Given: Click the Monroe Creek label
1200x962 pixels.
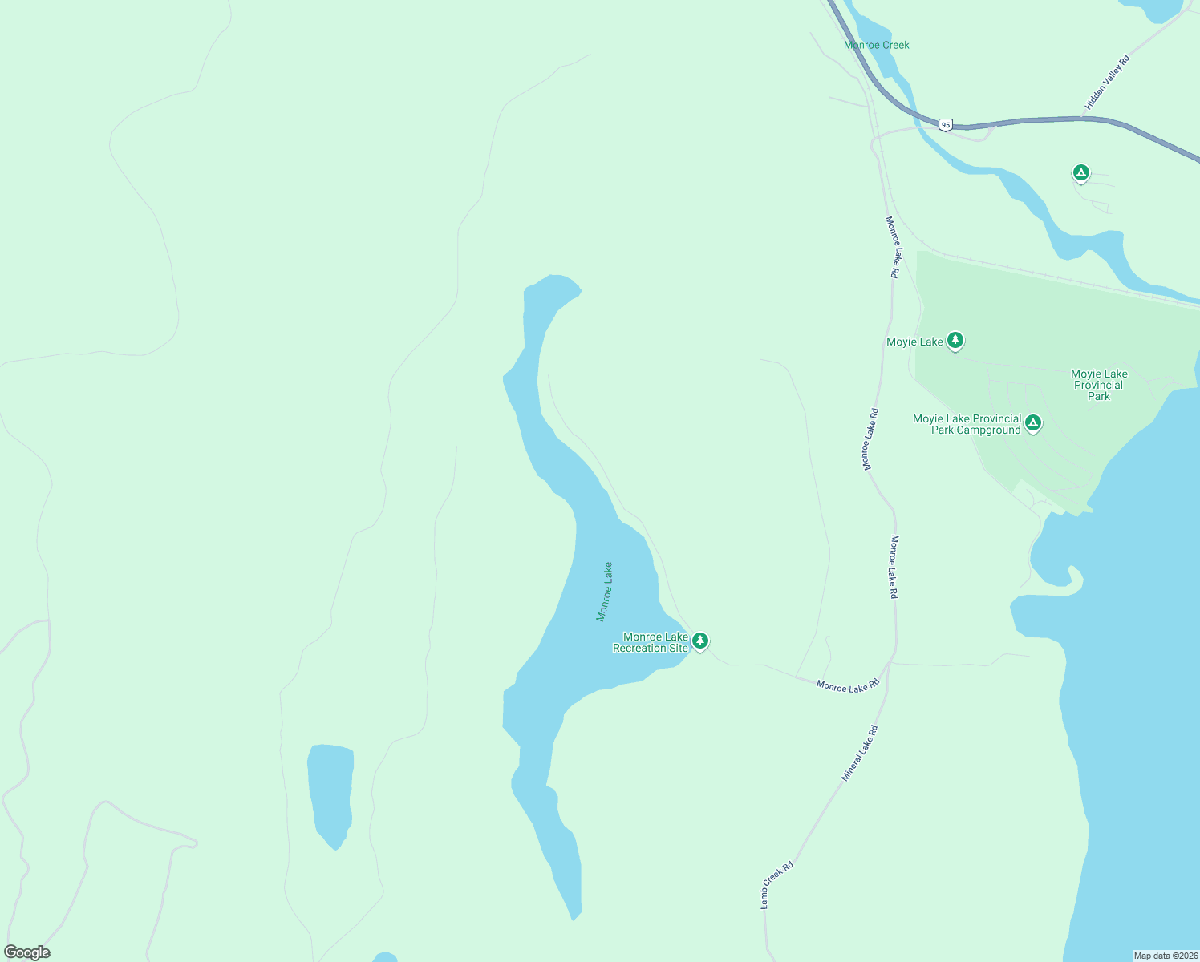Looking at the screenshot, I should pyautogui.click(x=876, y=45).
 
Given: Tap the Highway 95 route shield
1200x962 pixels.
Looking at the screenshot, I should pyautogui.click(x=947, y=125).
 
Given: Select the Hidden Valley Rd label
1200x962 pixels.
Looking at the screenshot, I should pyautogui.click(x=1107, y=82).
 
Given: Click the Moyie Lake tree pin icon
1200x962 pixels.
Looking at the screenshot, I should pyautogui.click(x=955, y=340).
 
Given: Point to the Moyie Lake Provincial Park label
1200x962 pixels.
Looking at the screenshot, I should pyautogui.click(x=1099, y=385).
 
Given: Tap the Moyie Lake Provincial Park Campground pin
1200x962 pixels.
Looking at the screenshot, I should pyautogui.click(x=1033, y=422).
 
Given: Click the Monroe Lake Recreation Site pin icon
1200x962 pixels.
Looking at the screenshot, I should pyautogui.click(x=700, y=641).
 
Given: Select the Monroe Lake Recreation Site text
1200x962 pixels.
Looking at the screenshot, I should pyautogui.click(x=651, y=642).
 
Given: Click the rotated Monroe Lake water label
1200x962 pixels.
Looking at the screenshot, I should pyautogui.click(x=604, y=592).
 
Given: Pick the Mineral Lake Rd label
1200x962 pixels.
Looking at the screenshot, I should pyautogui.click(x=860, y=753).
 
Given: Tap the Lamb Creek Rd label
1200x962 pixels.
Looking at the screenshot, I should pyautogui.click(x=776, y=884).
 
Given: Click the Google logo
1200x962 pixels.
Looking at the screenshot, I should pyautogui.click(x=26, y=952).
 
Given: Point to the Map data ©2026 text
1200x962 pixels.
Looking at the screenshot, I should pyautogui.click(x=1166, y=956).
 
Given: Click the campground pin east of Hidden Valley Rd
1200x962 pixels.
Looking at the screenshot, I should pyautogui.click(x=1081, y=172).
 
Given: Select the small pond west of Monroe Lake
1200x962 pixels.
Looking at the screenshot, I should pyautogui.click(x=330, y=794).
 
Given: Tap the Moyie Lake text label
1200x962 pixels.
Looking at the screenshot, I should pyautogui.click(x=914, y=342).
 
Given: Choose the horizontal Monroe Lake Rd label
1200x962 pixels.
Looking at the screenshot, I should pyautogui.click(x=848, y=686).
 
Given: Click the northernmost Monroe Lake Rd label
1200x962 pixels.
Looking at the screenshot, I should pyautogui.click(x=892, y=247).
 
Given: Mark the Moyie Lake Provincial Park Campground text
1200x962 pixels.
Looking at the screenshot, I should pyautogui.click(x=967, y=424).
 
